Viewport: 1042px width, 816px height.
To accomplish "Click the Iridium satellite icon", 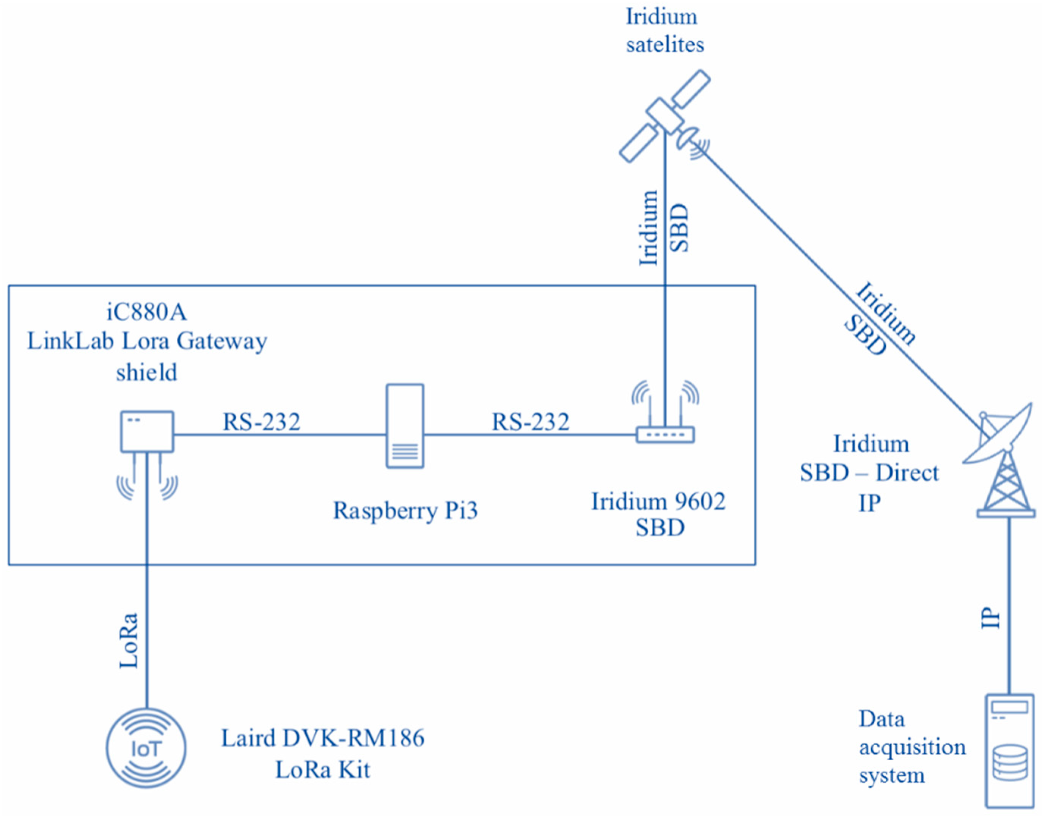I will pos(665,116).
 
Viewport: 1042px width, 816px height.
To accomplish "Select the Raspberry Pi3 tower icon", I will pos(405,426).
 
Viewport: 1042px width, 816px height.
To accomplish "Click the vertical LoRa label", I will pos(129,640).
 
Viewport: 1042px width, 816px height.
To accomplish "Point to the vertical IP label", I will pos(991,618).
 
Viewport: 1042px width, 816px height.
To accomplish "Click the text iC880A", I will pos(146,312).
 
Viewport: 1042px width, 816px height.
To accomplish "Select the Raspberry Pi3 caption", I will pos(405,510).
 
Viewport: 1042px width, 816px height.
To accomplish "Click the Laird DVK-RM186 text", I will pos(323,738).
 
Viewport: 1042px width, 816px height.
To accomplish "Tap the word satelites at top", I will pos(665,44).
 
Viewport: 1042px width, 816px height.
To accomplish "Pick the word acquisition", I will pos(912,747).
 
